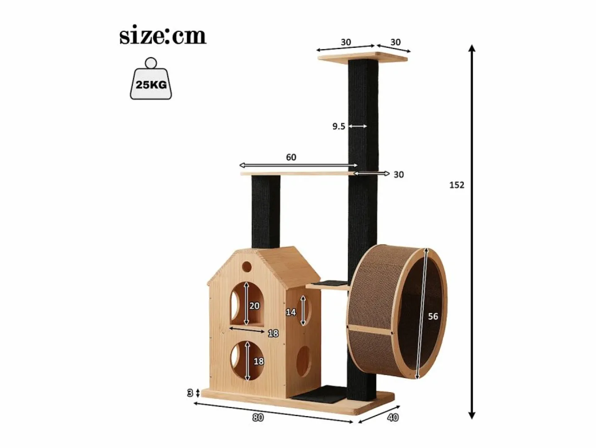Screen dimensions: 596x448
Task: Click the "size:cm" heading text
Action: pyautogui.click(x=163, y=37)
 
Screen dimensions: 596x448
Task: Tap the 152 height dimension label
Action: pyautogui.click(x=457, y=185)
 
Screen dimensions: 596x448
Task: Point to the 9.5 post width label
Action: pyautogui.click(x=339, y=126)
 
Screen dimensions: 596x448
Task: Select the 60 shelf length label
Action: pyautogui.click(x=291, y=157)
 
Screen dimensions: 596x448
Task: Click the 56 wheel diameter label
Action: pyautogui.click(x=433, y=316)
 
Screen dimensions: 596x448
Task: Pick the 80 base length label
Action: pyautogui.click(x=258, y=417)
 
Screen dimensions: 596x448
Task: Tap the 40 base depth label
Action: pyautogui.click(x=393, y=417)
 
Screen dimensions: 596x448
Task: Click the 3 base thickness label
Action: pyautogui.click(x=190, y=393)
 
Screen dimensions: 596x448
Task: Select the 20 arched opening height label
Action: pyautogui.click(x=254, y=306)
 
